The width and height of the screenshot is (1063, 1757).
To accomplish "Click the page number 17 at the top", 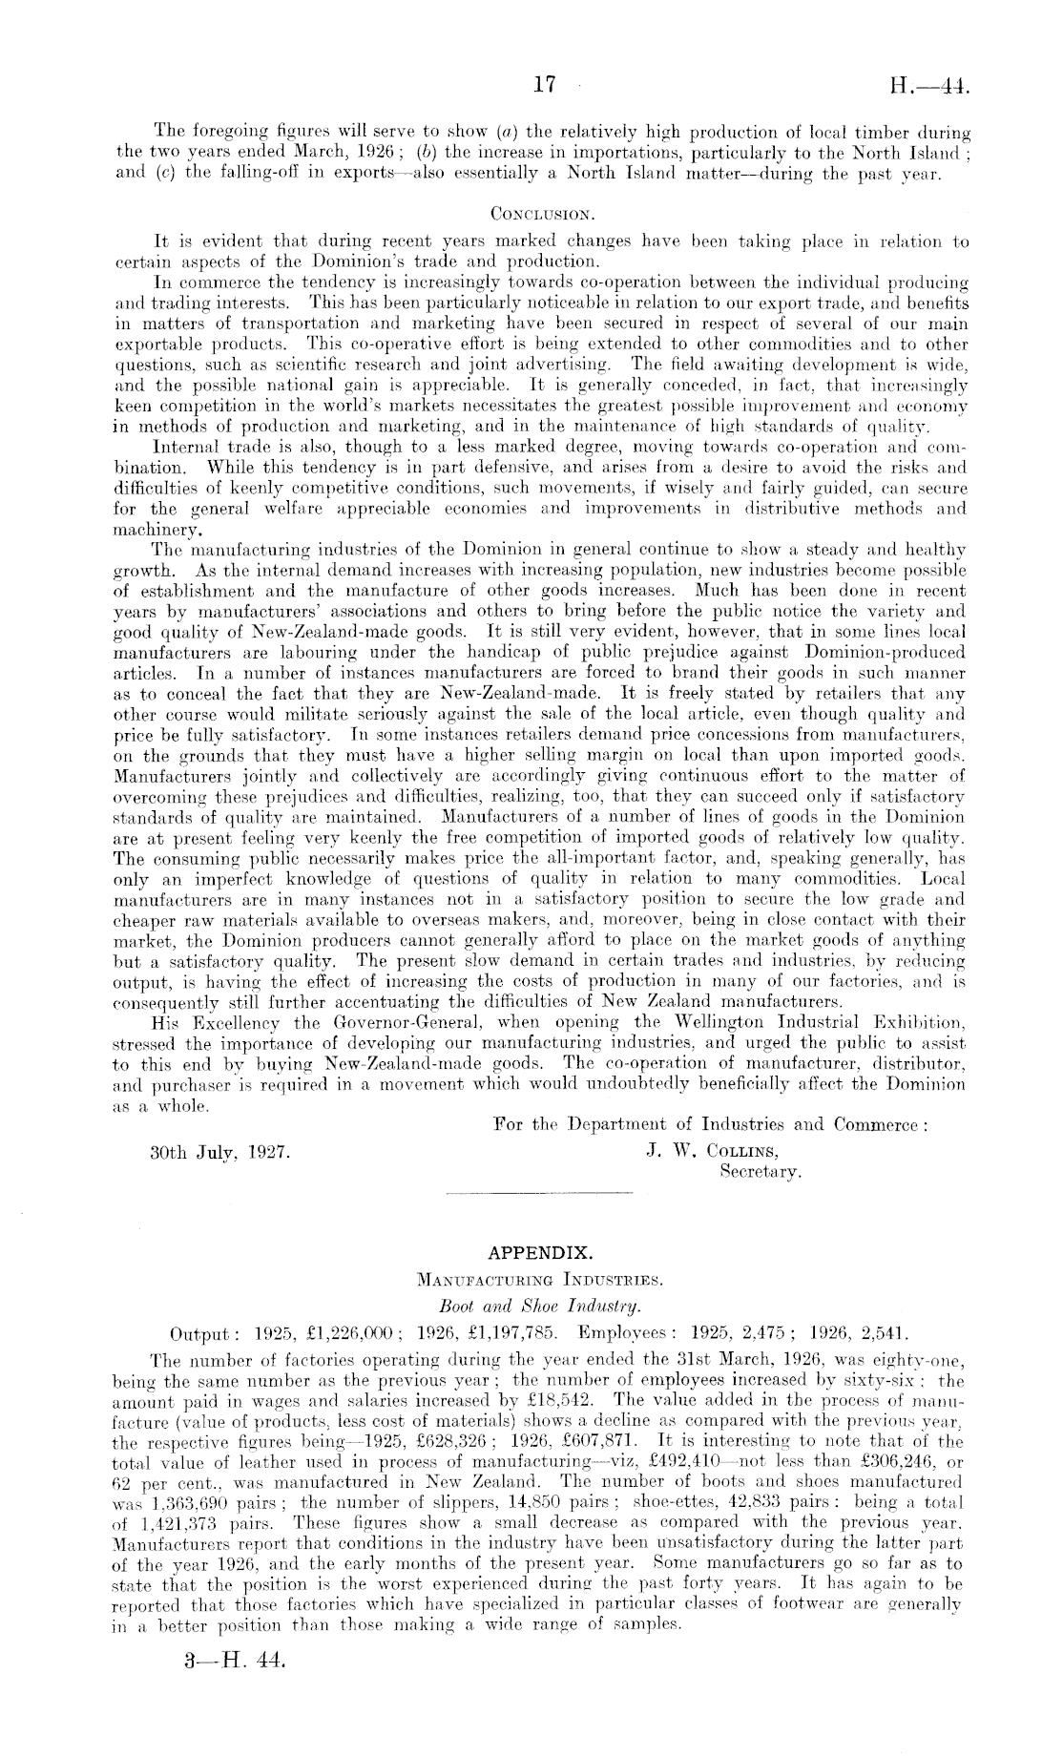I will point(545,86).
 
